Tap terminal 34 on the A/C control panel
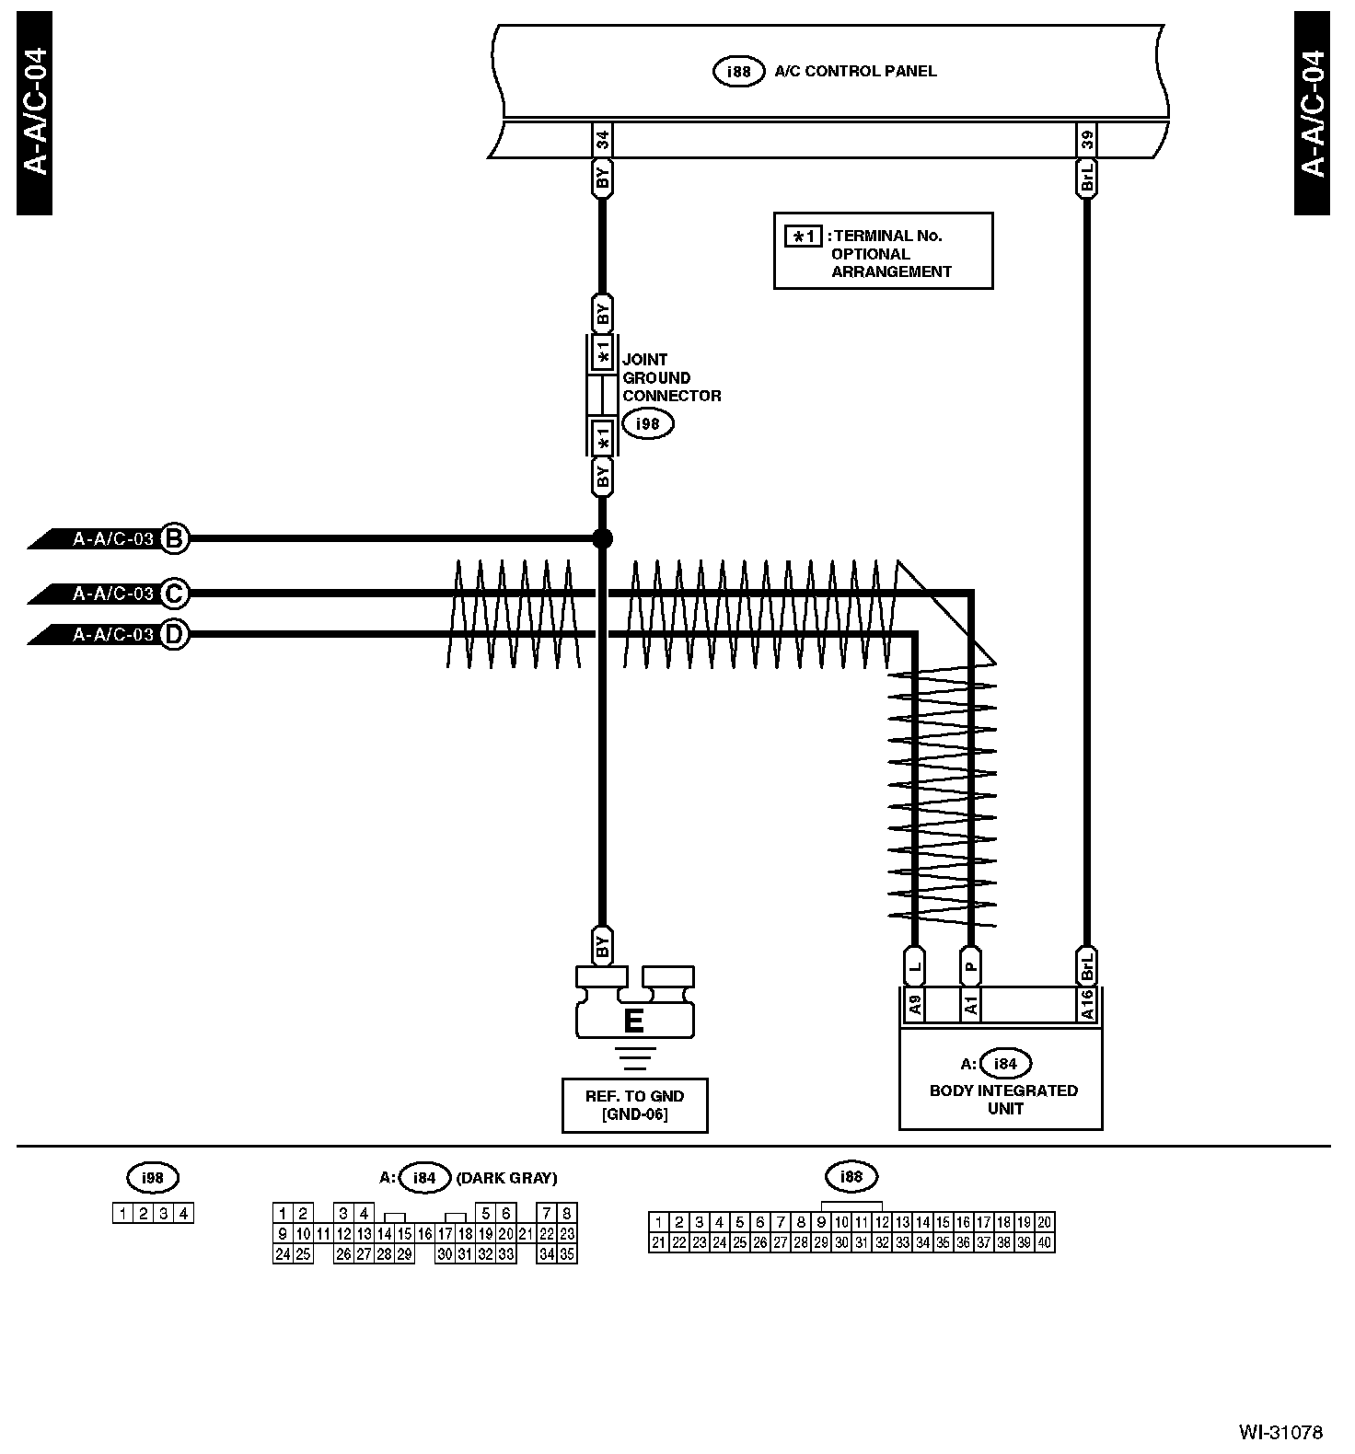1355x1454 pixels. [x=602, y=141]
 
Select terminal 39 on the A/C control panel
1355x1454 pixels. [x=1087, y=141]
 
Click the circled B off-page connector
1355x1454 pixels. [x=174, y=538]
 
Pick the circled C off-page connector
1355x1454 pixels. [x=174, y=594]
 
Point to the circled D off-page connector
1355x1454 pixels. [x=174, y=634]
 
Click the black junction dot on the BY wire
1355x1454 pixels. [x=602, y=538]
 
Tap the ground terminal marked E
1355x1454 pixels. [x=633, y=1021]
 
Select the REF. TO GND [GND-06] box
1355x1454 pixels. [x=634, y=1105]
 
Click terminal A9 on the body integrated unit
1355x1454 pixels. [x=915, y=1005]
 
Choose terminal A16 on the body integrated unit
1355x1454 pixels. [x=1087, y=1005]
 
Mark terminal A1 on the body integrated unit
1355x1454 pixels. [x=971, y=1005]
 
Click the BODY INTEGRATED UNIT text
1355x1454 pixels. [x=1003, y=1099]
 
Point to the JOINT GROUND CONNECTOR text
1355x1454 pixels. [x=671, y=377]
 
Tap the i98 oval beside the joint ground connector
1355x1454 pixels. [x=647, y=423]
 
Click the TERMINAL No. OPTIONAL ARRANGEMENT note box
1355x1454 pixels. [x=883, y=251]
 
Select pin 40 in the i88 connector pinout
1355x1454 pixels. [x=1044, y=1242]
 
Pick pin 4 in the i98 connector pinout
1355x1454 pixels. [x=184, y=1213]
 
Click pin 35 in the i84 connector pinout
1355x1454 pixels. [x=567, y=1253]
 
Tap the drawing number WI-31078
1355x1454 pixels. [x=1280, y=1432]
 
